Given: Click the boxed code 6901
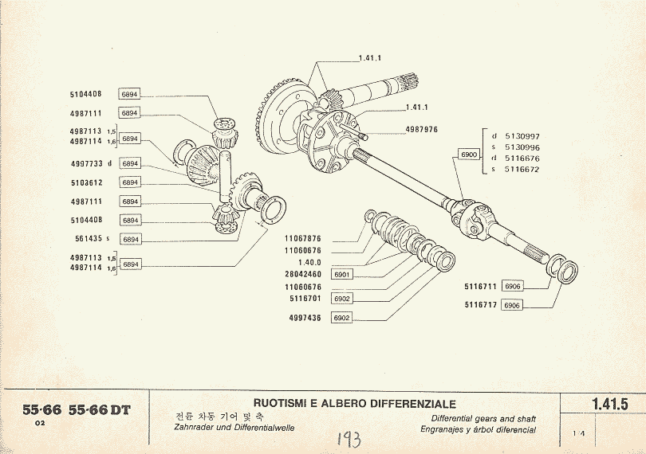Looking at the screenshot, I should pos(341,275).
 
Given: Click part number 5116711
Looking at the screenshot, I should pos(481,285).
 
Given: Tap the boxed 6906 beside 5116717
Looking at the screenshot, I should pos(512,305).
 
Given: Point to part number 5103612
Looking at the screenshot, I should pos(89,182).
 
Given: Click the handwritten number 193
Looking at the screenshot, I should pos(349,439).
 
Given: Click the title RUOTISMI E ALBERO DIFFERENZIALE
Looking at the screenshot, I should pos(354,404).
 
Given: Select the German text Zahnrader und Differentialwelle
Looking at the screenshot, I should pos(234,428).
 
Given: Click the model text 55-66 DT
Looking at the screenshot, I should pos(100,410).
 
